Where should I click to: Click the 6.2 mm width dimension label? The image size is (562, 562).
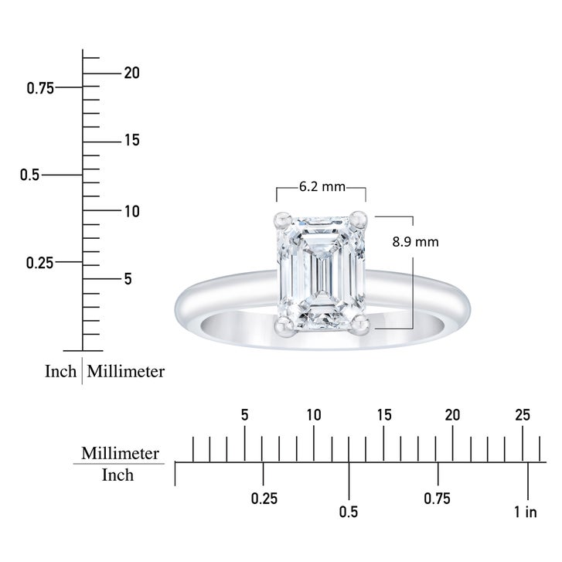coord(322,187)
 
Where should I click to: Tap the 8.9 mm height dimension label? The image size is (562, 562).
coord(415,242)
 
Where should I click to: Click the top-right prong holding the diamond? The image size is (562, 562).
coord(359,220)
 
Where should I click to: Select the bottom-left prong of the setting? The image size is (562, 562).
coord(284,326)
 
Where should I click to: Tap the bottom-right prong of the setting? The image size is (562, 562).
coord(359,326)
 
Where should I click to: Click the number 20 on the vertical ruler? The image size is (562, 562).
coord(132,73)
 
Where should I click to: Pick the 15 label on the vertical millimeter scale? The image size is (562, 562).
coord(132,140)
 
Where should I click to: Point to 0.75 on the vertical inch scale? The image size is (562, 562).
coord(40,88)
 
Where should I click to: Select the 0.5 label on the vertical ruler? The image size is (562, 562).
coord(29,175)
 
